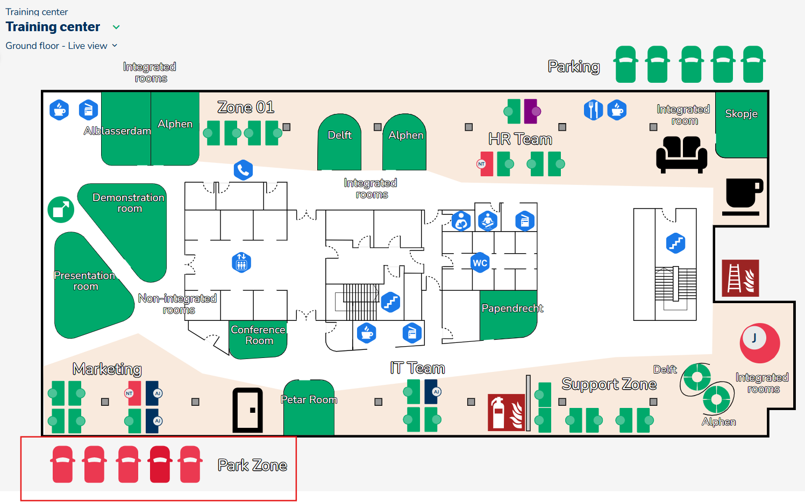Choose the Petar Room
tap(309, 408)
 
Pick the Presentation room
tap(86, 290)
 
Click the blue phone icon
tap(243, 170)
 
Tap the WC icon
tap(480, 263)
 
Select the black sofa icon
tap(681, 154)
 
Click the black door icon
tap(247, 410)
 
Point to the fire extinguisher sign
tap(506, 412)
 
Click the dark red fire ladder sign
tap(740, 278)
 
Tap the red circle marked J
tap(759, 343)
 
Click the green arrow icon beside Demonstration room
tap(61, 209)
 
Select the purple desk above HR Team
tap(531, 111)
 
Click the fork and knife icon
tap(593, 110)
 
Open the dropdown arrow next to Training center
tap(116, 27)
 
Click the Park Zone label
tap(252, 465)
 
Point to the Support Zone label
tap(609, 384)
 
